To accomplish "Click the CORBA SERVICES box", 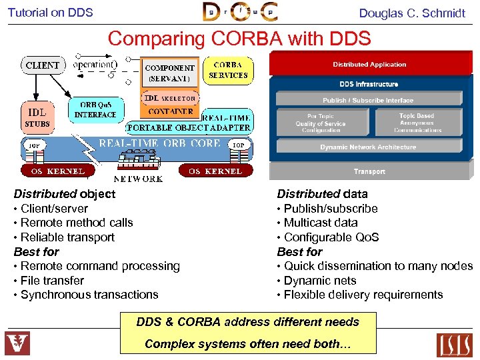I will [228, 70].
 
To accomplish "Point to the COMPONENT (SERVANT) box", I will [169, 73].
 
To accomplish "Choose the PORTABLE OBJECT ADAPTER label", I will [189, 127].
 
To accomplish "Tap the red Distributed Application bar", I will [369, 65].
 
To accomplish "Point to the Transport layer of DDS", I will [369, 171].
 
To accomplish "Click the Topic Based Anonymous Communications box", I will [417, 123].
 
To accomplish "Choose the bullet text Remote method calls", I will [77, 223].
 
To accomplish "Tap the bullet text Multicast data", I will [321, 223].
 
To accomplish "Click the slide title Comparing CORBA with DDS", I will [239, 39].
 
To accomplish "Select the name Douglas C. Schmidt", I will [412, 13].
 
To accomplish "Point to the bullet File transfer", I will [52, 281].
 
